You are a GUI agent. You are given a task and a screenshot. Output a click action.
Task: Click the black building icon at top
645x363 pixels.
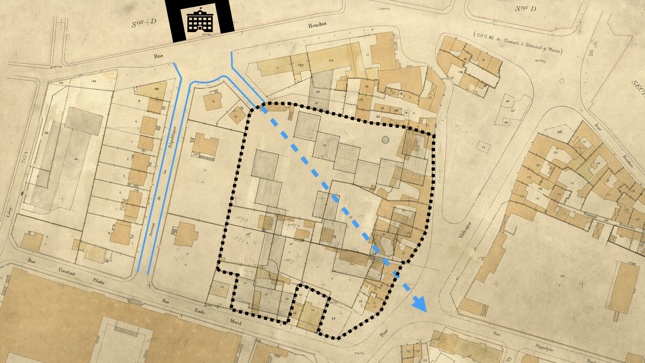[x=200, y=20]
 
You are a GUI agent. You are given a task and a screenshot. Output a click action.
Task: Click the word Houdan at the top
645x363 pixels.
[x=317, y=25]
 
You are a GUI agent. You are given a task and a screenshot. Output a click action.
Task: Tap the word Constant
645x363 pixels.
[x=67, y=271]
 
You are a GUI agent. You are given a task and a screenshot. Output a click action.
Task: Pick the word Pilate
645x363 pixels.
[x=98, y=281]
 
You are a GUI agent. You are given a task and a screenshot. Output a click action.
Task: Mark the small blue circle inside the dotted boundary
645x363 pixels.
[x=385, y=140]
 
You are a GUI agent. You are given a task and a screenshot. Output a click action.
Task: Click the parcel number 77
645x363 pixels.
[x=483, y=147]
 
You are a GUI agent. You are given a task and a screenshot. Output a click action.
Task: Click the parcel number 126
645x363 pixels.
[x=562, y=277]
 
